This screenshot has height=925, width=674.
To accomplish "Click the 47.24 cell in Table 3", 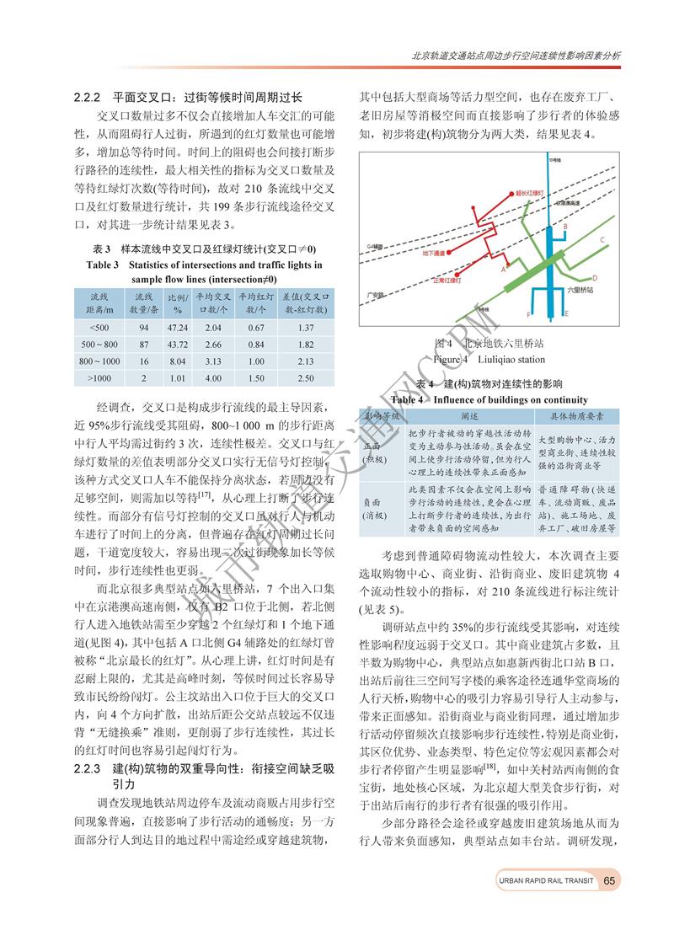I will click(177, 327).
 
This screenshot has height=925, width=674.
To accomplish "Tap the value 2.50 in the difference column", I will click(306, 378).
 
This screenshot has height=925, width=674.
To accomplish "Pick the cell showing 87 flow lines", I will click(144, 345).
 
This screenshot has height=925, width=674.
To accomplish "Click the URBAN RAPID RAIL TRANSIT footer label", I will click(545, 881).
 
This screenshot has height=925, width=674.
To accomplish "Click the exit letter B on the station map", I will click(565, 226).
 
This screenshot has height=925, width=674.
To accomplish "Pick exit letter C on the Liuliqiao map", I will click(603, 239).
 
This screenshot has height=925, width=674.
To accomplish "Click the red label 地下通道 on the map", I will click(445, 253).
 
